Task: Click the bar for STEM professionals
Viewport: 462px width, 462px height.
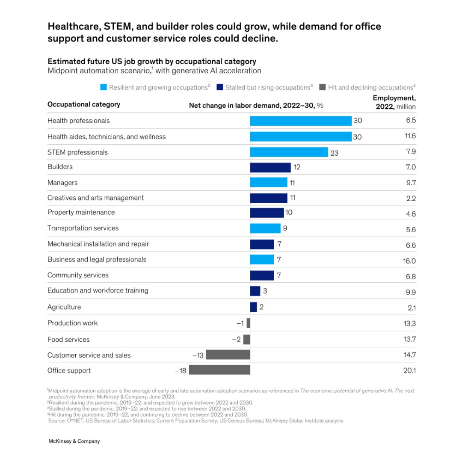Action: pyautogui.click(x=289, y=152)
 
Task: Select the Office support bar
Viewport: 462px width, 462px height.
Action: pyautogui.click(x=219, y=370)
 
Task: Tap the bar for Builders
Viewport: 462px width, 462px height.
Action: pyautogui.click(x=270, y=167)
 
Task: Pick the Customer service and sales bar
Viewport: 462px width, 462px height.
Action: pyautogui.click(x=228, y=355)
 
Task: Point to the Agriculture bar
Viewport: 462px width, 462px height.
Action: pyautogui.click(x=253, y=307)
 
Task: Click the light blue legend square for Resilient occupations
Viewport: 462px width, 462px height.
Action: pyautogui.click(x=104, y=87)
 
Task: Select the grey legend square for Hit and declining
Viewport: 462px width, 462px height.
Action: pyautogui.click(x=323, y=87)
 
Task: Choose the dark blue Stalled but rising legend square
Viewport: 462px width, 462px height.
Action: pyautogui.click(x=220, y=87)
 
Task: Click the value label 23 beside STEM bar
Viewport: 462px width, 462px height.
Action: pyautogui.click(x=334, y=153)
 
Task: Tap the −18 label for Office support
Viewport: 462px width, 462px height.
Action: pyautogui.click(x=181, y=370)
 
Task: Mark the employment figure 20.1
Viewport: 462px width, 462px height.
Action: pyautogui.click(x=409, y=370)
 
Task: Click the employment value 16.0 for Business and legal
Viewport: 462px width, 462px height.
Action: pyautogui.click(x=409, y=261)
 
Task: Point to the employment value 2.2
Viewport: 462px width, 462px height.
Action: pyautogui.click(x=411, y=198)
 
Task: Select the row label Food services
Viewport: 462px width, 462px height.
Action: pyautogui.click(x=68, y=339)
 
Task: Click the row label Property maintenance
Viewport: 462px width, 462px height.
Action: pyautogui.click(x=81, y=212)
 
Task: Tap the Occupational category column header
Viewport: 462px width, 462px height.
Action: pyautogui.click(x=83, y=104)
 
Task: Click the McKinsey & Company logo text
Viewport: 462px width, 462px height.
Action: pyautogui.click(x=74, y=441)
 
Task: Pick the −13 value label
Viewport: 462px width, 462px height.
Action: pyautogui.click(x=198, y=355)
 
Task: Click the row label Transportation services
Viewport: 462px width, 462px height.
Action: pyautogui.click(x=83, y=228)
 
